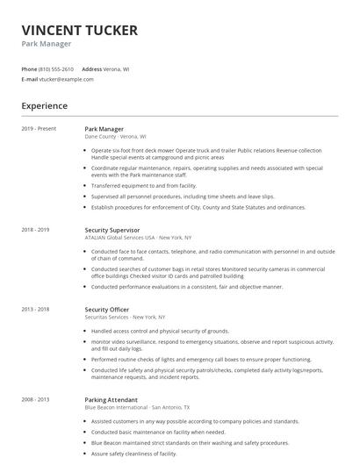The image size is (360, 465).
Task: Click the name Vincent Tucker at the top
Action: [x=79, y=30]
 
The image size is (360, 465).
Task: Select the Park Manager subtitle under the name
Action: [x=47, y=44]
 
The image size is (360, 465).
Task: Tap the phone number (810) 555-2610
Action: [x=57, y=68]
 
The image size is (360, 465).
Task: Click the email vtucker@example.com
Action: [x=66, y=79]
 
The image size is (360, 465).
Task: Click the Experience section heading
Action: [x=45, y=106]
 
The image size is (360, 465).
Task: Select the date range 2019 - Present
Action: [x=40, y=129]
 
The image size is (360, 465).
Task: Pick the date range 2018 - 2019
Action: [x=36, y=230]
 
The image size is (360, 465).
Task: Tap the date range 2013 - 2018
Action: [x=36, y=310]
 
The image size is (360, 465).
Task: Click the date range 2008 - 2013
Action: [x=36, y=399]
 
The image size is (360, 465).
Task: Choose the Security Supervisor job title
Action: [x=112, y=230]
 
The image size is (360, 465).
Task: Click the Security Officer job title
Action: [x=107, y=310]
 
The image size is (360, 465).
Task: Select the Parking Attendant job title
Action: [x=110, y=399]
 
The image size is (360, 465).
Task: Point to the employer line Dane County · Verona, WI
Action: [x=115, y=137]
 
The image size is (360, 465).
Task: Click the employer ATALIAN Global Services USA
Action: [x=119, y=238]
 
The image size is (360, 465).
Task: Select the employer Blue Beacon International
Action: [x=117, y=407]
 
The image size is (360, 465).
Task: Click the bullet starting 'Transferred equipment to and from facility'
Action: [x=144, y=186]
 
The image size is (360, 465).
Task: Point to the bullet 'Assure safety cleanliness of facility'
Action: [x=134, y=454]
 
